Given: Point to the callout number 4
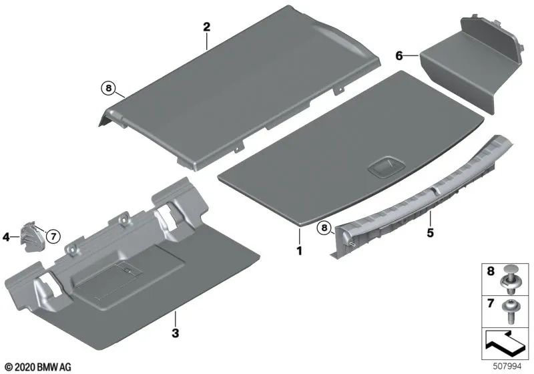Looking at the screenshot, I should (x=6, y=236).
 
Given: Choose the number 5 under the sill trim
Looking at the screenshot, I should (x=431, y=233).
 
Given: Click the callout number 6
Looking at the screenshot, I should (x=399, y=56).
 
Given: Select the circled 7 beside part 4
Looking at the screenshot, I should (x=53, y=234).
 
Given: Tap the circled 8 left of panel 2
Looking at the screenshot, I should (x=108, y=87).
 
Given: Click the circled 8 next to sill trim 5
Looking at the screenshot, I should (x=324, y=228).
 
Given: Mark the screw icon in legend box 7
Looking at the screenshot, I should (x=511, y=310).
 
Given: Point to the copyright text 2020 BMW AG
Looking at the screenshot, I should (x=37, y=367).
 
